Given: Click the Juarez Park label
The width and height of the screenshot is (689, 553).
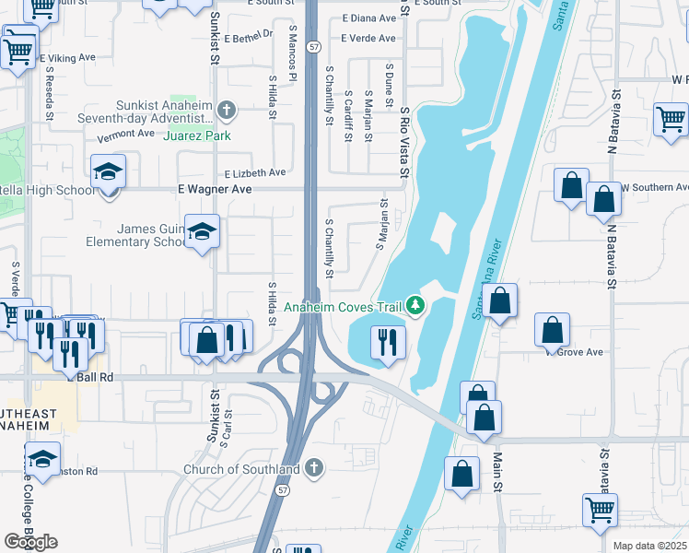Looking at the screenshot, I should pyautogui.click(x=196, y=135).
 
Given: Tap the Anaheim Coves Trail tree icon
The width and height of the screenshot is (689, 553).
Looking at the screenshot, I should pyautogui.click(x=416, y=305).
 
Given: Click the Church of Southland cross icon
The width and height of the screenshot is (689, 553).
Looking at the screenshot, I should pyautogui.click(x=314, y=468).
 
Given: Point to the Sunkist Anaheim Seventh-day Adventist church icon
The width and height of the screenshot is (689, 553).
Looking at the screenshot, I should pyautogui.click(x=228, y=112).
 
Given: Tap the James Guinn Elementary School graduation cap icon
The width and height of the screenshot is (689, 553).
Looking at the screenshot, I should pyautogui.click(x=201, y=232).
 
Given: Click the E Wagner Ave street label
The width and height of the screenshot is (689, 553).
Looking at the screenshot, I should pyautogui.click(x=214, y=189).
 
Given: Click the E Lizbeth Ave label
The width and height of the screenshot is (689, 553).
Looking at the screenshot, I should pyautogui.click(x=254, y=172).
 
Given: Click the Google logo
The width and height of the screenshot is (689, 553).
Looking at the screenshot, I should pyautogui.click(x=30, y=541).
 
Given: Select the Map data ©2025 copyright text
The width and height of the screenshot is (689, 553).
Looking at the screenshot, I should pyautogui.click(x=648, y=546).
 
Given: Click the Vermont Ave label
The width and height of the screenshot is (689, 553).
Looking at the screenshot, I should pyautogui.click(x=126, y=133).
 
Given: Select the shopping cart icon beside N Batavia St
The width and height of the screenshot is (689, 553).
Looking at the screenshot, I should pyautogui.click(x=671, y=120).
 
